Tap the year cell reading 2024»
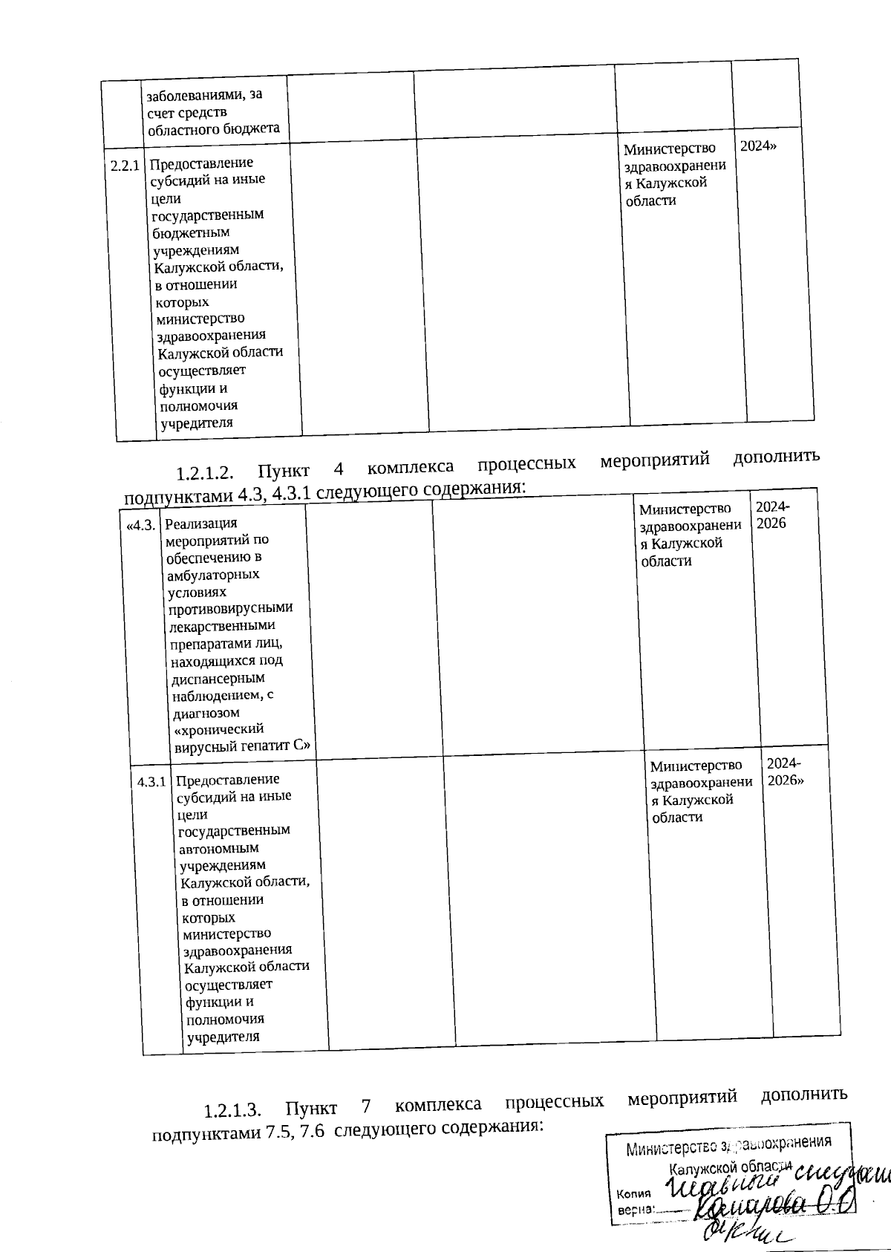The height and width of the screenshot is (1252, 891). (x=758, y=146)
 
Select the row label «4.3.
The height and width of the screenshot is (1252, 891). (x=141, y=526)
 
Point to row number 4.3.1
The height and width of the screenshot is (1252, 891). (x=151, y=782)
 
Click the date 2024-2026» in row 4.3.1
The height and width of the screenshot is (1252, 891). (x=784, y=772)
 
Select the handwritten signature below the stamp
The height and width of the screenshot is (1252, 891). (x=742, y=1233)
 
